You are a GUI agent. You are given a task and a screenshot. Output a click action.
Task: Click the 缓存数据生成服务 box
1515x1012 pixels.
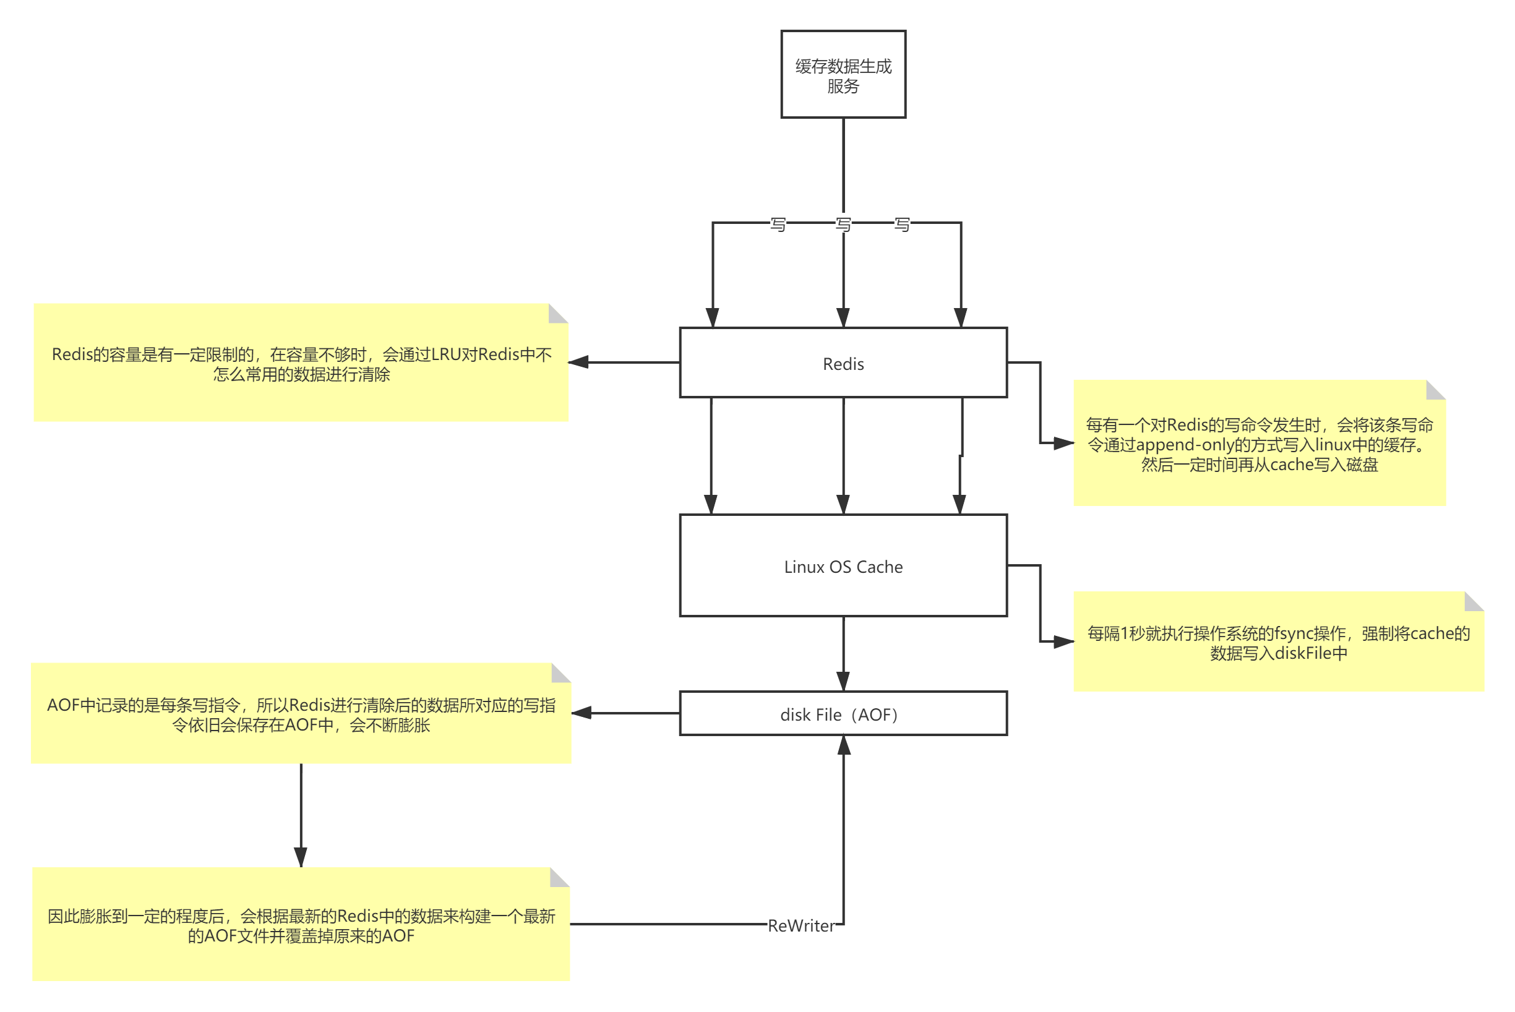843,74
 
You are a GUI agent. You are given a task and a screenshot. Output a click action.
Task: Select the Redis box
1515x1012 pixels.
843,362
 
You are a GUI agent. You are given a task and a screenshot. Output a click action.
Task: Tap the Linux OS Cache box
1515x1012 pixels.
843,565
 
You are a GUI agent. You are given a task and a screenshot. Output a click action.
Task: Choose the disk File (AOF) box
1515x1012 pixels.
843,713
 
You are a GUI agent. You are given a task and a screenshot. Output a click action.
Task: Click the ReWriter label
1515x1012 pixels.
801,925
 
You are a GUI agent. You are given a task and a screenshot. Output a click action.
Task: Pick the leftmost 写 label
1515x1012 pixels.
778,223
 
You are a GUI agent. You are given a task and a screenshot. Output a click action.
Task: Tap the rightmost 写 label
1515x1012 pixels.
902,223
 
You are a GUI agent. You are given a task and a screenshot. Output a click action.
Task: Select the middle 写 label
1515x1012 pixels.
843,223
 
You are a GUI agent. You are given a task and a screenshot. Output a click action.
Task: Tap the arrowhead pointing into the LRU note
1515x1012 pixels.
579,362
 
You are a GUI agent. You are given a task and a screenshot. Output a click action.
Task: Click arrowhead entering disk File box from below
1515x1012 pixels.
844,745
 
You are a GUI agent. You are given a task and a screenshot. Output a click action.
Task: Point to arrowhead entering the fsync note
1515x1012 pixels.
1063,641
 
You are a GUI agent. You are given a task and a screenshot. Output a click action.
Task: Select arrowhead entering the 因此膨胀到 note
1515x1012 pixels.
300,857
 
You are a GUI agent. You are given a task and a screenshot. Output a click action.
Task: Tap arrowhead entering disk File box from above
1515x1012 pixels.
843,682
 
